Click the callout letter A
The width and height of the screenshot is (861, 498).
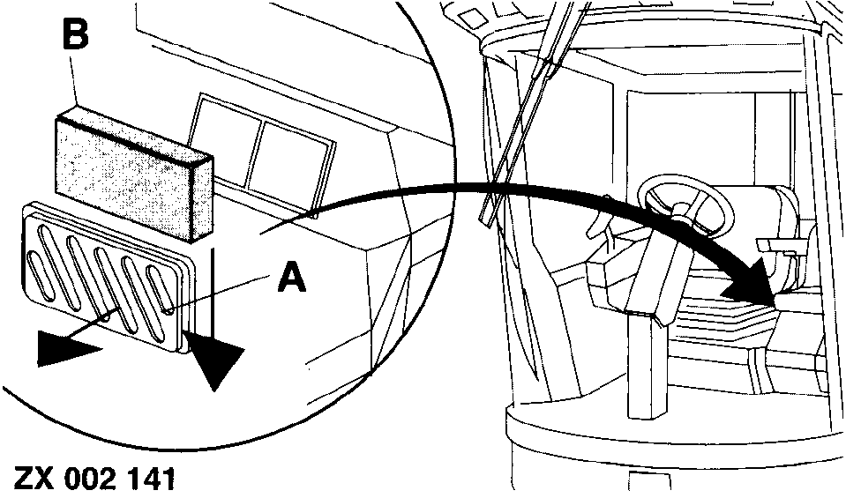(292, 277)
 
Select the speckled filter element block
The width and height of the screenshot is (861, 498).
(134, 174)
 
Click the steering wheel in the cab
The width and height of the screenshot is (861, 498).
(685, 202)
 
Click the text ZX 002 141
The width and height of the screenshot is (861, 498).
(94, 478)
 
